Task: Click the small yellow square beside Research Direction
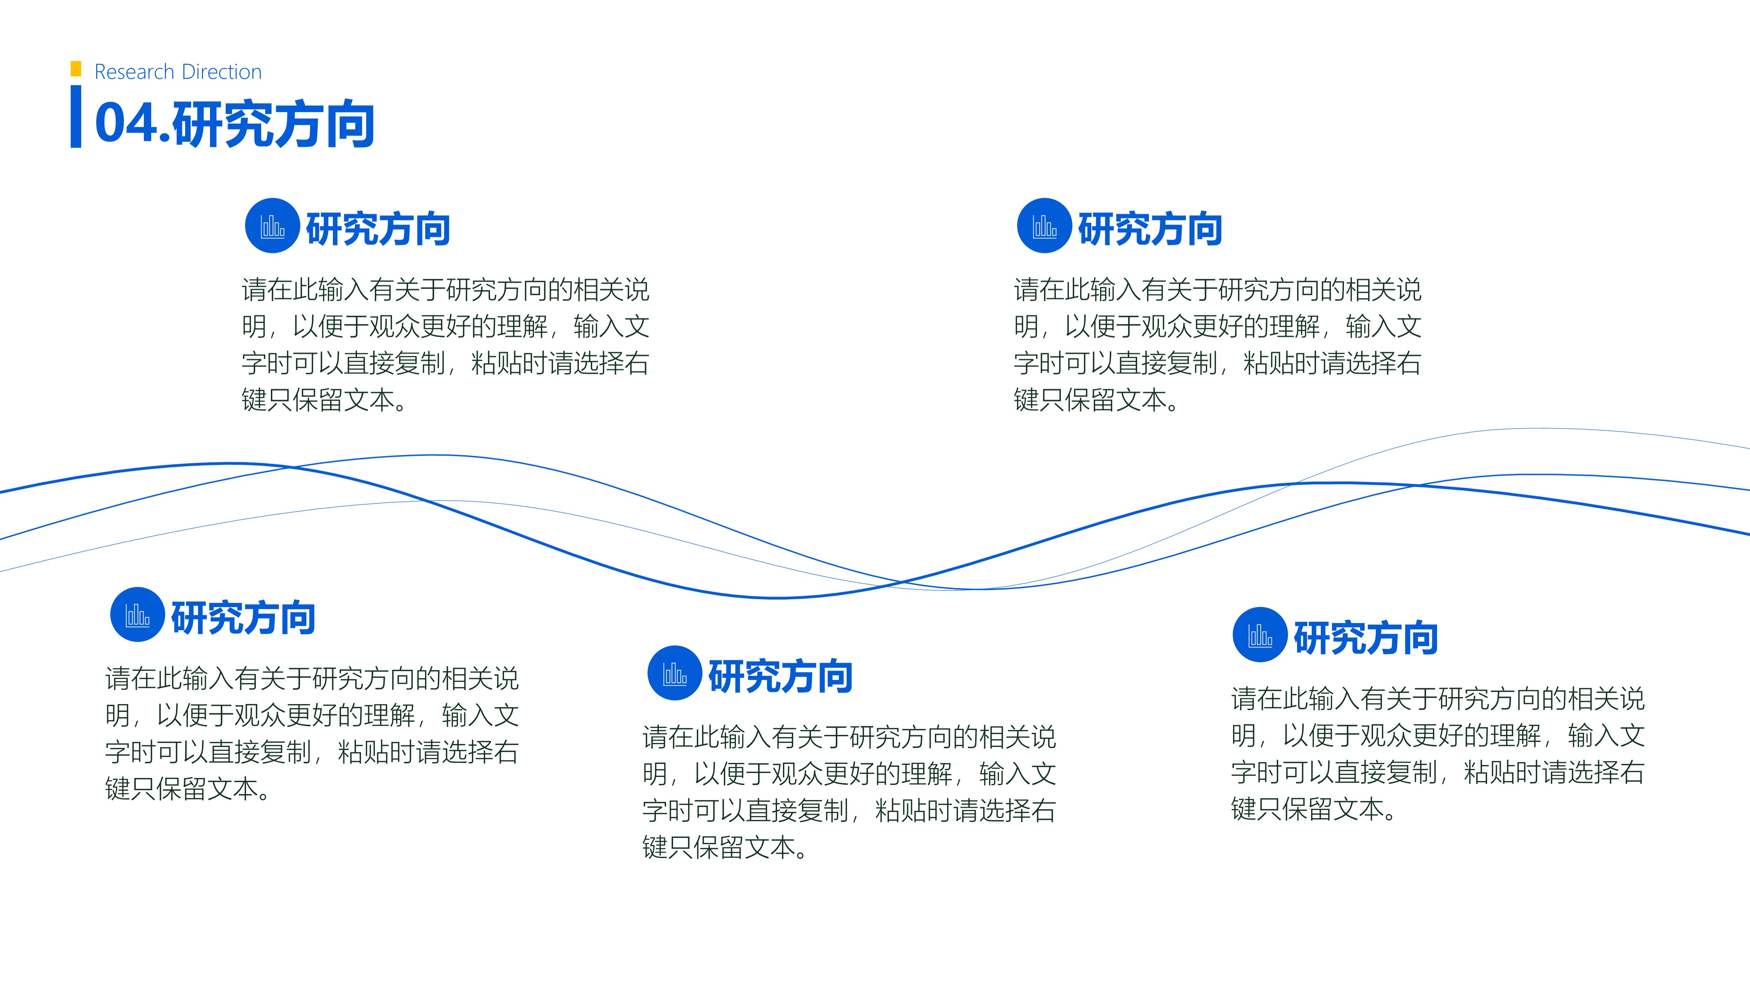click(76, 69)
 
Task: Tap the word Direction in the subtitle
click(222, 71)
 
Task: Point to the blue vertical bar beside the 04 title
click(76, 116)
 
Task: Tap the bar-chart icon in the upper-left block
click(272, 226)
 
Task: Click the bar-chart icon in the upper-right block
click(1045, 226)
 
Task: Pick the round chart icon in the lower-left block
click(137, 614)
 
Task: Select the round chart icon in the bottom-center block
click(674, 673)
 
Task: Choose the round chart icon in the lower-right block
click(1260, 634)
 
